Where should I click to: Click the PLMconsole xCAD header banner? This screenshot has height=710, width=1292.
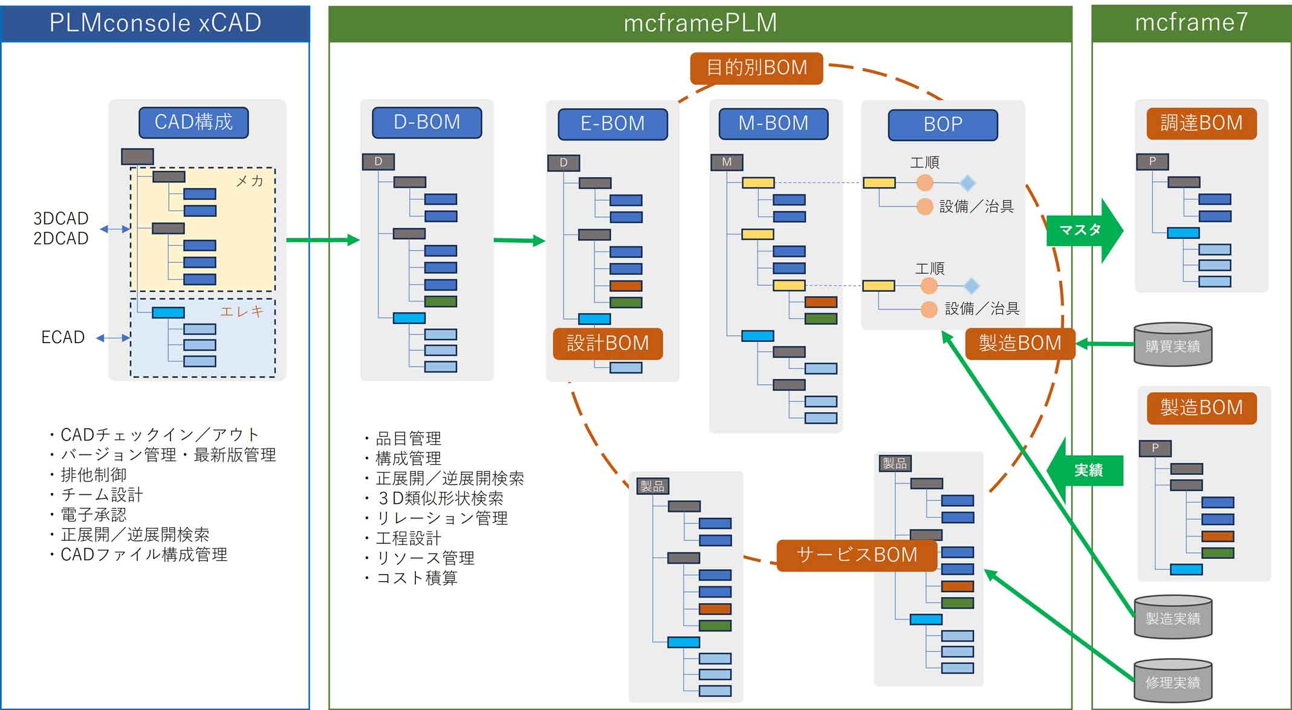pos(155,23)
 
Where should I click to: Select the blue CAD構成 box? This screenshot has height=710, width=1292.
pos(193,123)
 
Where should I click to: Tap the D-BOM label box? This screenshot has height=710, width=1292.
pos(427,123)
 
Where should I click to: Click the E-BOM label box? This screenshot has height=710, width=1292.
pos(612,124)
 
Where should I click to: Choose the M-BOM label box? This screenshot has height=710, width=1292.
pos(773,124)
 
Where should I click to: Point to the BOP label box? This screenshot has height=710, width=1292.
pos(943,124)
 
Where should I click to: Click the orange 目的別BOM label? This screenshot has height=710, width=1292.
pos(756,68)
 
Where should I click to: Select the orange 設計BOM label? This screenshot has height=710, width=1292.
pos(608,343)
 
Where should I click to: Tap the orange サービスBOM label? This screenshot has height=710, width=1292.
pos(857,555)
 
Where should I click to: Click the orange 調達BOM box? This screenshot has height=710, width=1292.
pos(1201,123)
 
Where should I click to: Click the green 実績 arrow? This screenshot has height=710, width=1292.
pos(1086,470)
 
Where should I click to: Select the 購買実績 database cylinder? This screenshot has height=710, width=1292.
pos(1172,345)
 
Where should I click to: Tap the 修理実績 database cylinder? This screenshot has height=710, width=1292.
pos(1172,682)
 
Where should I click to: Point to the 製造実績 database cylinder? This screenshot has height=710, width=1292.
pos(1172,618)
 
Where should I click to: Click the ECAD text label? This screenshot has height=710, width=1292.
pos(63,337)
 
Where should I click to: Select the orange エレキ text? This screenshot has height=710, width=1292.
pos(242,311)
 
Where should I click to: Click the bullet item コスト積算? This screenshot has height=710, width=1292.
pos(417,578)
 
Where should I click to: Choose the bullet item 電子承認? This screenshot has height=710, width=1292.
pos(94,515)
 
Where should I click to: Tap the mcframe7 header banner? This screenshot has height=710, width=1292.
pos(1191,23)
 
